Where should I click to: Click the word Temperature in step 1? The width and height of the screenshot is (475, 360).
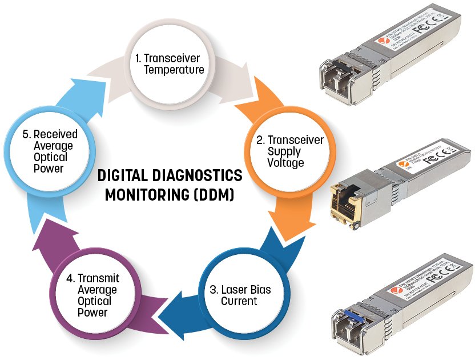tap(174, 70)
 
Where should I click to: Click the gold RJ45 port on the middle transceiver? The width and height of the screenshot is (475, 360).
tap(346, 202)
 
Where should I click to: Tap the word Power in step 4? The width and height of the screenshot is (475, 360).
tap(94, 313)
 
